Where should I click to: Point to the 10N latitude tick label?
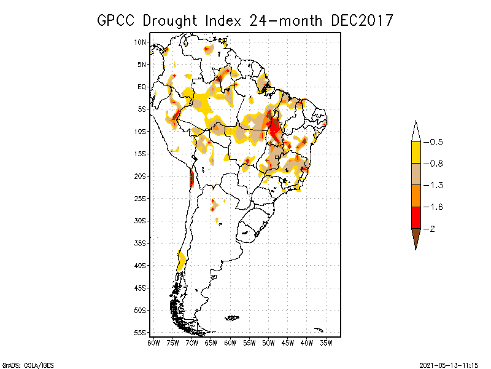tap(141, 42)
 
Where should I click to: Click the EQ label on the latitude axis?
tap(142, 87)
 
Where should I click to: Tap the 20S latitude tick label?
tap(141, 176)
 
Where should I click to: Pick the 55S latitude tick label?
tap(141, 332)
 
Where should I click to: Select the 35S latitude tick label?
tap(141, 243)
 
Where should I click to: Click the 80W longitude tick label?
tap(153, 342)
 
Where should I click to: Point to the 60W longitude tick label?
tap(230, 342)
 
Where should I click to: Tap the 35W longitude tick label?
tap(326, 342)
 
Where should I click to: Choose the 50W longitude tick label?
tap(268, 342)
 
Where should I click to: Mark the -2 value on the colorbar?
tap(431, 229)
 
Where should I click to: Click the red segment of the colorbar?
tap(416, 217)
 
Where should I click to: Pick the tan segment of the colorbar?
tap(416, 174)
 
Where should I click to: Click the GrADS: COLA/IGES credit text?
tap(22, 363)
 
